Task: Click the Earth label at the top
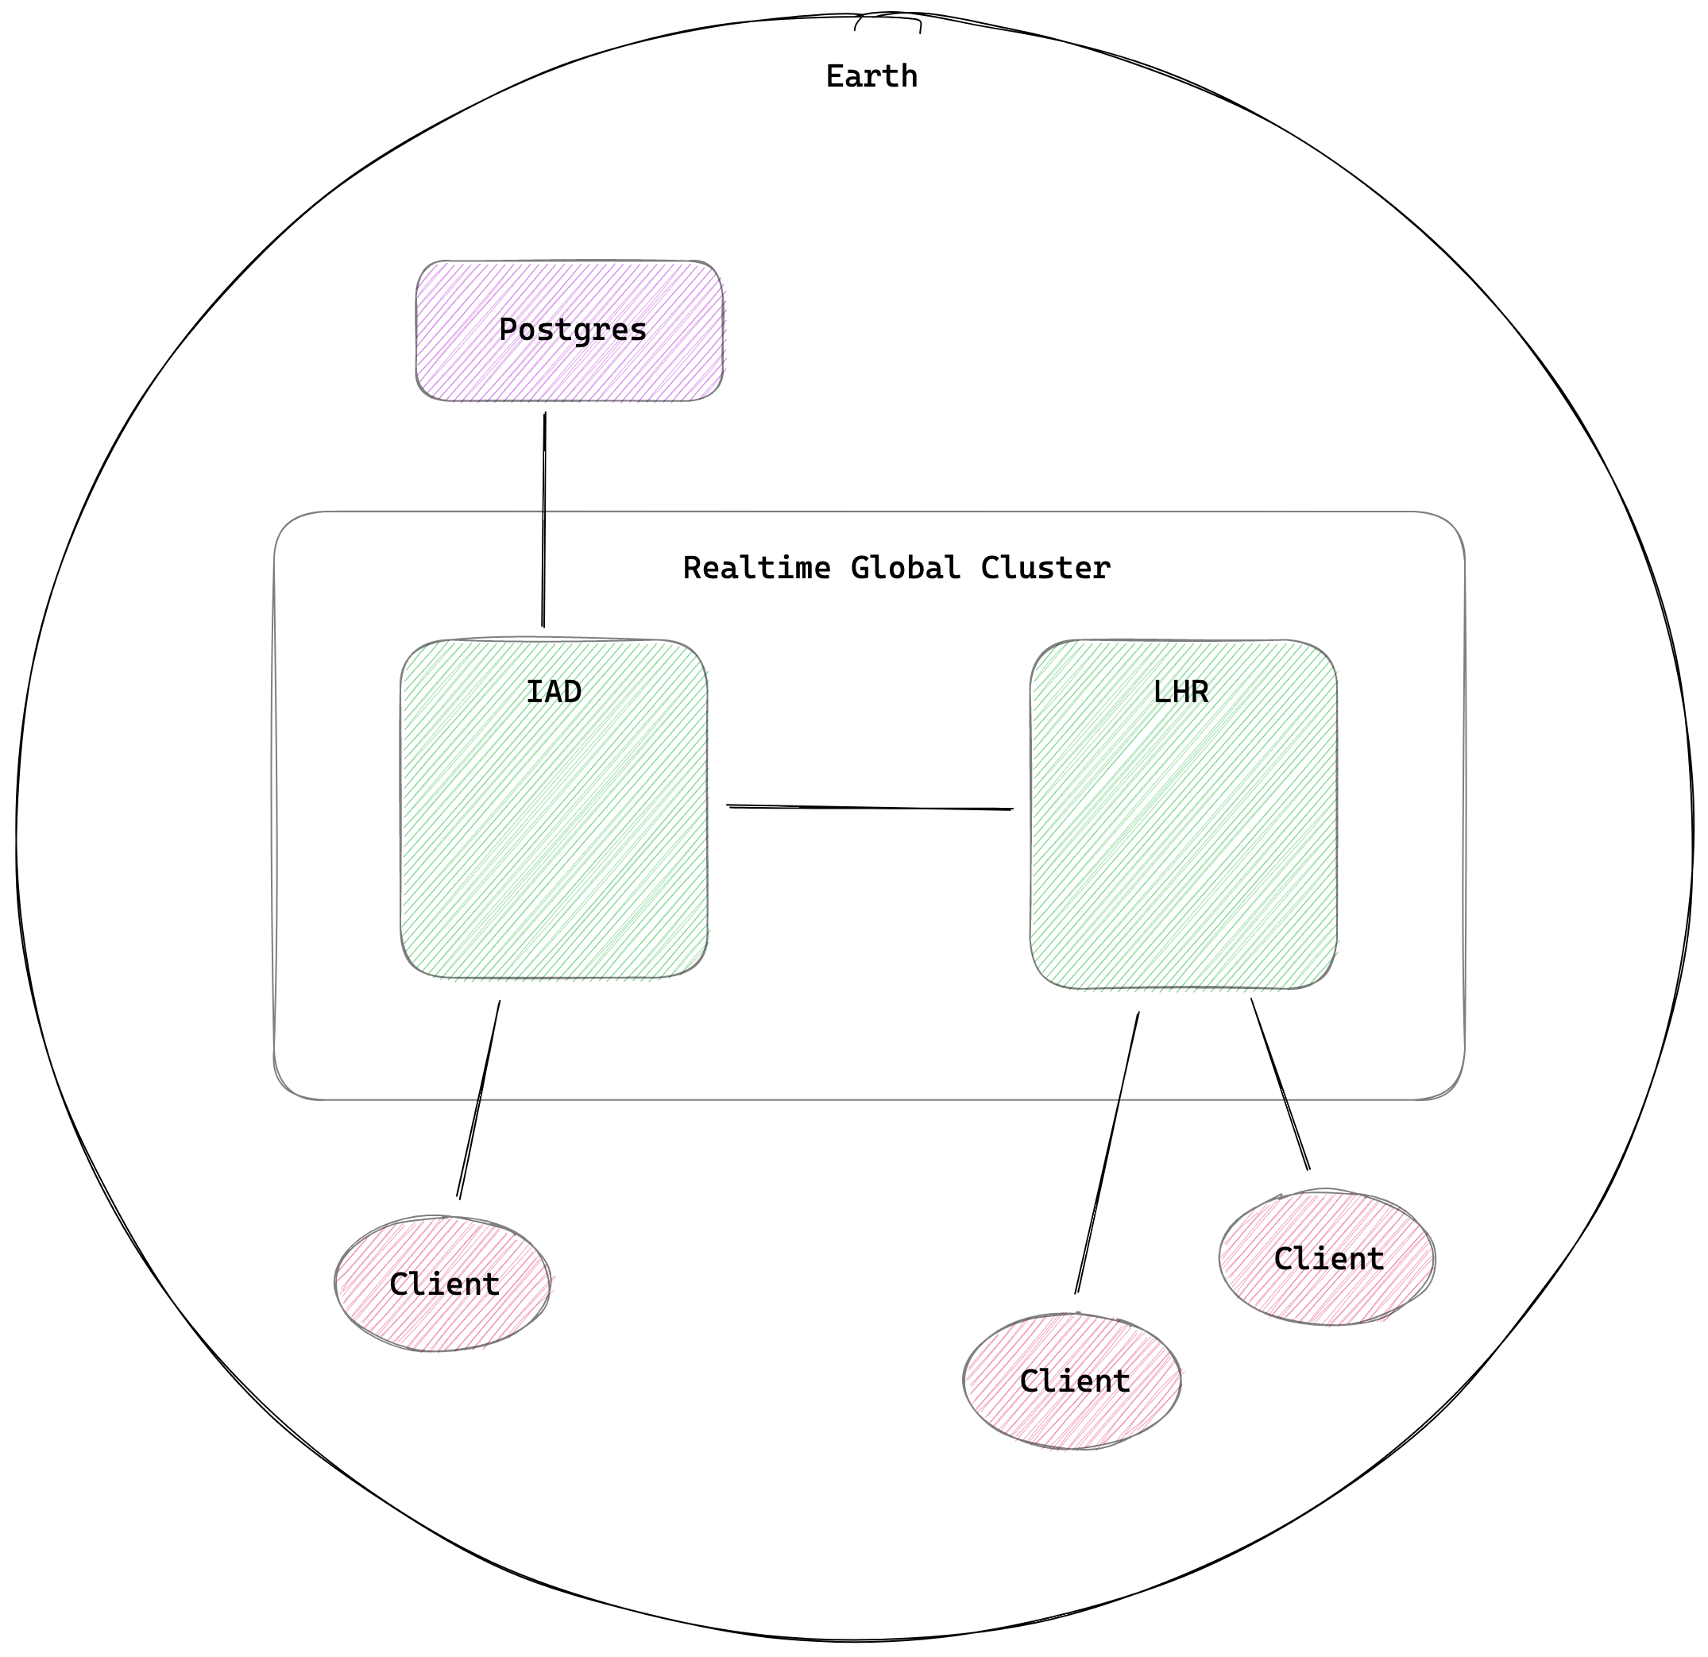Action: tap(871, 77)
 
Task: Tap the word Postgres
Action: tap(573, 330)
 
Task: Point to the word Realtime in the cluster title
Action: tap(756, 568)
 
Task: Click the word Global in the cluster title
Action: tap(906, 568)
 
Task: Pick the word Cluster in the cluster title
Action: tap(1045, 568)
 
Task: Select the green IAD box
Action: tap(555, 836)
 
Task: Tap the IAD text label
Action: tap(554, 692)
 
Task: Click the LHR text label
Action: tap(1181, 692)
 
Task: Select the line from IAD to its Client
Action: tap(479, 1099)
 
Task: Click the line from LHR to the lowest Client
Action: tap(1107, 1152)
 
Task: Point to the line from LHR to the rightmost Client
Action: tap(1280, 1083)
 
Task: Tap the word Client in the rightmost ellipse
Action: tap(1328, 1259)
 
